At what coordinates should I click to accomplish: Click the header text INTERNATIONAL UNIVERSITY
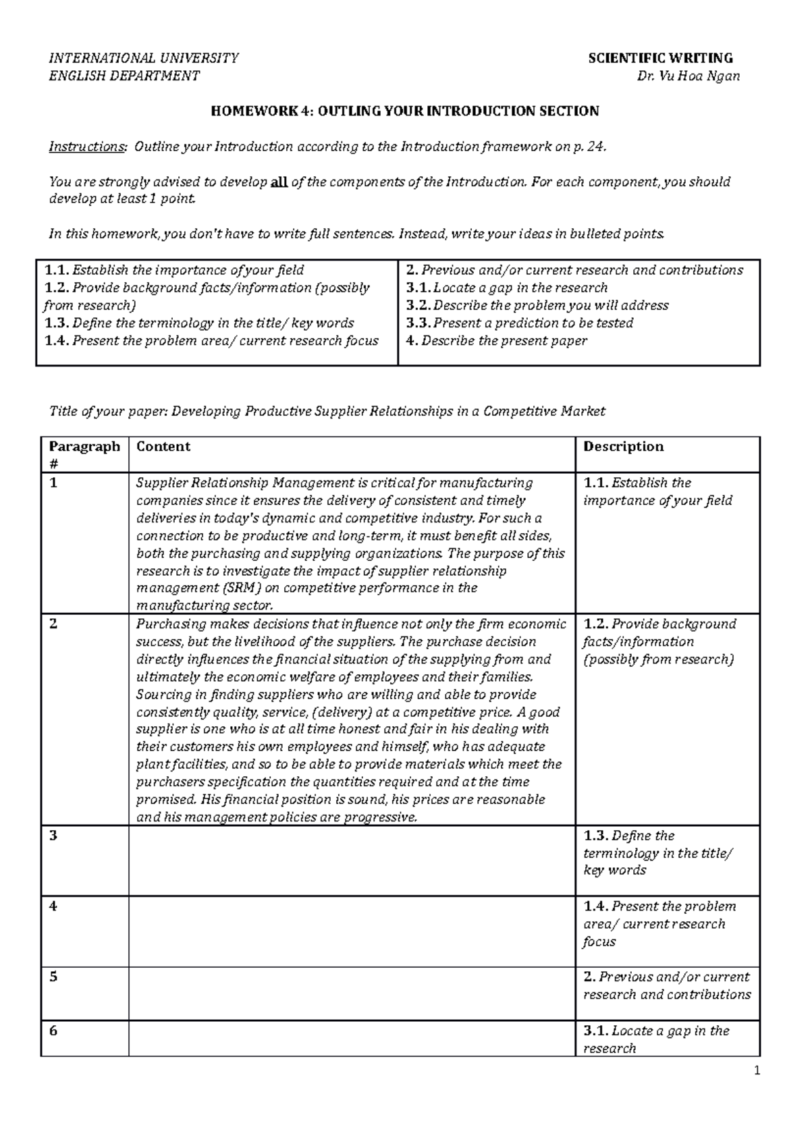(143, 58)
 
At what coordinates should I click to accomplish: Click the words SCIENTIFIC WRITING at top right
(660, 58)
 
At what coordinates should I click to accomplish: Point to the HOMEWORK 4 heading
(404, 111)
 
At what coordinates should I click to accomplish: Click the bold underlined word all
(279, 182)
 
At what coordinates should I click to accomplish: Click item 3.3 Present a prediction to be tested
(519, 323)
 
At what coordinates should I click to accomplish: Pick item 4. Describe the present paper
(496, 341)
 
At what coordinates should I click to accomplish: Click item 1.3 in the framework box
(199, 323)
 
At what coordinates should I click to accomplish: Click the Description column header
(623, 447)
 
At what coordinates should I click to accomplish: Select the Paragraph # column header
(84, 454)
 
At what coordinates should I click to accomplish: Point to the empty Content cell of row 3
(351, 860)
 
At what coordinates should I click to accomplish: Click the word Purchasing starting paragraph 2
(167, 624)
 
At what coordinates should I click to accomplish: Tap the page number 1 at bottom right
(757, 1070)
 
